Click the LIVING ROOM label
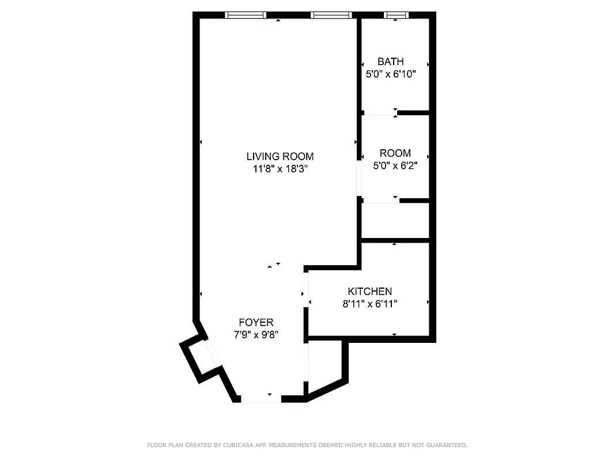tap(280, 156)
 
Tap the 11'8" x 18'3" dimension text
tap(280, 169)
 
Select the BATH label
tap(390, 62)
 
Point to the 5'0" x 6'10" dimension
tap(390, 74)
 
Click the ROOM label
tap(395, 153)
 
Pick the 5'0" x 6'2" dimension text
tap(395, 166)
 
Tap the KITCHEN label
tap(369, 292)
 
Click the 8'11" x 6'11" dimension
tap(369, 304)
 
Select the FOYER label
tap(256, 322)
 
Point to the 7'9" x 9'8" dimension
tap(256, 335)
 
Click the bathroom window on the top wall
tap(395, 15)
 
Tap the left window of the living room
tap(245, 15)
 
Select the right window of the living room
tap(330, 15)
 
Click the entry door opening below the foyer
tap(261, 398)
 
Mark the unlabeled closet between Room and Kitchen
tap(395, 221)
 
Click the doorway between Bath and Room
tap(379, 113)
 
